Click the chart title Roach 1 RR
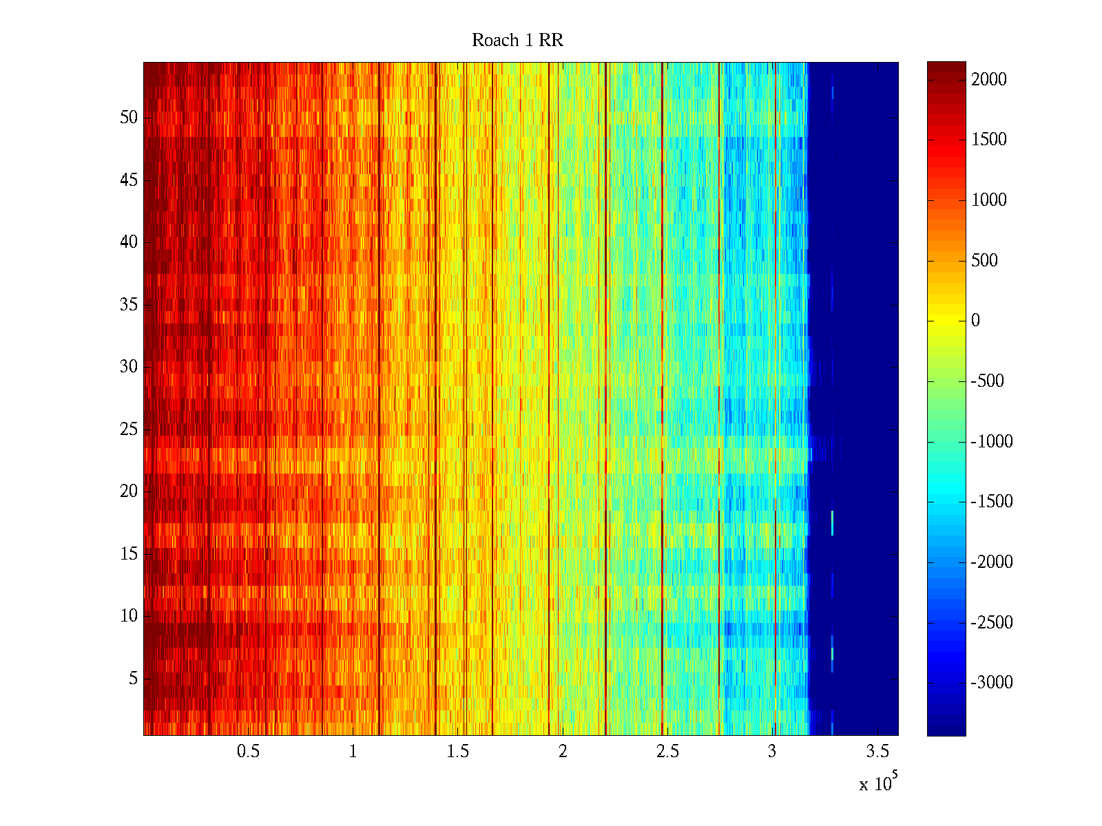pos(517,41)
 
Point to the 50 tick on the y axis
pos(129,118)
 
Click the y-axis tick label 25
pos(129,430)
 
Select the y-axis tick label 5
pos(133,679)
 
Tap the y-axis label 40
pos(129,242)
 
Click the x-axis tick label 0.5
pos(249,752)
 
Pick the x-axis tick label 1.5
pos(458,752)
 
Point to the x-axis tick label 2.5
pos(667,752)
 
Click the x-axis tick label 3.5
pos(877,752)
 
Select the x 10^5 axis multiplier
pos(877,783)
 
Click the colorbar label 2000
pos(989,79)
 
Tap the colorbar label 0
pos(975,321)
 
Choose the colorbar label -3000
pos(992,683)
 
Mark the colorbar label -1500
pos(992,502)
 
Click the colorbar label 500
pos(984,260)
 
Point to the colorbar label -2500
pos(992,623)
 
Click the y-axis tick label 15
pos(129,554)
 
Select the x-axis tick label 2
pos(563,752)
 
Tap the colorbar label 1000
pos(989,200)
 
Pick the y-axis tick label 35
pos(129,305)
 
